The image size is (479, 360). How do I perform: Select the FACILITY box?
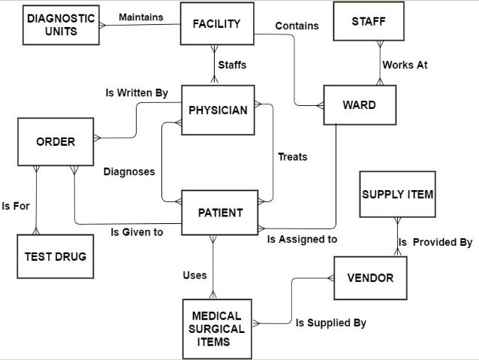(x=216, y=23)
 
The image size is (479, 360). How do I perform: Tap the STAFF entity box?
(x=369, y=22)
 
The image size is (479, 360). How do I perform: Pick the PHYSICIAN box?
(x=218, y=110)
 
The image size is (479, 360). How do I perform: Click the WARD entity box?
(x=359, y=104)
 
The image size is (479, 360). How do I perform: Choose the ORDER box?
(x=56, y=141)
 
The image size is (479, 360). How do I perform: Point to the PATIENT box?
(x=220, y=213)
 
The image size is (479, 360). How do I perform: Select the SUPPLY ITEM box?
(x=397, y=195)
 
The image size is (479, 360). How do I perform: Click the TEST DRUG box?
(x=55, y=256)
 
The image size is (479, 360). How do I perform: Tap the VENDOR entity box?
(x=370, y=277)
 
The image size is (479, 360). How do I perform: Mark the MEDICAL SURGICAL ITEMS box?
(x=217, y=328)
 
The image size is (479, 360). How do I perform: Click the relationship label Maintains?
(x=141, y=17)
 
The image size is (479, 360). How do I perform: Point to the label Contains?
(x=297, y=26)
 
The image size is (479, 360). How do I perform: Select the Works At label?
(x=405, y=65)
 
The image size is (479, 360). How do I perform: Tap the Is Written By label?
(x=137, y=92)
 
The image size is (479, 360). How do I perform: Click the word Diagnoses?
(x=129, y=171)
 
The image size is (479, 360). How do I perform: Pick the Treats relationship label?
(x=293, y=157)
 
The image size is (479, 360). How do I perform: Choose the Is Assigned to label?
(x=303, y=239)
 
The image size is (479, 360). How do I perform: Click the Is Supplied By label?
(x=330, y=323)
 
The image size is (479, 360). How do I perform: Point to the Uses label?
(x=194, y=275)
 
